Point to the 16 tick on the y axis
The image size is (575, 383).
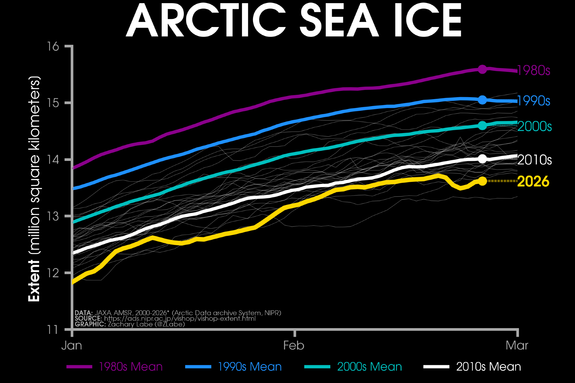(53, 46)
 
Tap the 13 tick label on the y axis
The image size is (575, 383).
(53, 216)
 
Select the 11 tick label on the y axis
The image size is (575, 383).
(53, 330)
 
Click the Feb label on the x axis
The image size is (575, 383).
(294, 345)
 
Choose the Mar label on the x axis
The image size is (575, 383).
(517, 345)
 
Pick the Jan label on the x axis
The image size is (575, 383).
(72, 345)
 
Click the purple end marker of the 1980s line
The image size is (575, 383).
(482, 69)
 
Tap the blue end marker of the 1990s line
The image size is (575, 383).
(482, 100)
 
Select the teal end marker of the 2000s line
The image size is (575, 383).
(482, 126)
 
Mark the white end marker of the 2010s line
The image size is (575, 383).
(482, 159)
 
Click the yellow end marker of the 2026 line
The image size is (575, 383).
(482, 181)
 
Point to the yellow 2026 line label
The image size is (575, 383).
(533, 182)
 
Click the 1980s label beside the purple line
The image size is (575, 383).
(534, 70)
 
